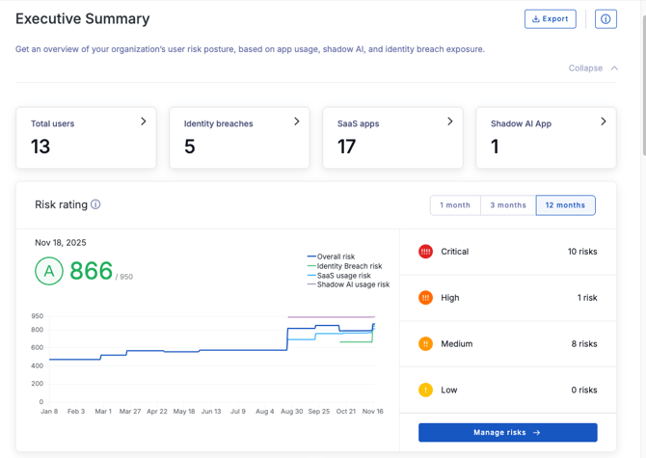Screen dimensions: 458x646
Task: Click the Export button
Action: [x=551, y=18]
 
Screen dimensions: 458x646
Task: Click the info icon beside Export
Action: [x=606, y=18]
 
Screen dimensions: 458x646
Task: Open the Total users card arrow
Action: [x=144, y=121]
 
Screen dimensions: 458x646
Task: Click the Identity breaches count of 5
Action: [x=190, y=147]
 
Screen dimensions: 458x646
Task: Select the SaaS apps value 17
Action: [x=347, y=147]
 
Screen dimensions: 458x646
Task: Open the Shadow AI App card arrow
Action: [x=604, y=121]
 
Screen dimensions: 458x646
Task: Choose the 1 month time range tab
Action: [x=455, y=205]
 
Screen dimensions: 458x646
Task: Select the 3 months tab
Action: [x=508, y=205]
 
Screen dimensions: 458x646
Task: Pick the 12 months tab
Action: [x=565, y=205]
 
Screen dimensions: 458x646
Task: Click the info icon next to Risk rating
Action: [x=95, y=204]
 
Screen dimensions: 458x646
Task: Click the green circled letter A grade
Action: [x=49, y=272]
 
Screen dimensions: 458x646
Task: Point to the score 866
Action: [x=91, y=272]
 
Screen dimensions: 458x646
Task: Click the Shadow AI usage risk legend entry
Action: [x=352, y=284]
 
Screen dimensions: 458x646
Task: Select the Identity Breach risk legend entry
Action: [x=348, y=266]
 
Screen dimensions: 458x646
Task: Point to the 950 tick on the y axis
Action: [x=37, y=316]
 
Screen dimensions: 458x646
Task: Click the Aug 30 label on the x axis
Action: [x=291, y=412]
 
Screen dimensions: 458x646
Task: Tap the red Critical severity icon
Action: [x=425, y=252]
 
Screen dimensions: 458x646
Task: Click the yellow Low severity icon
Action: [x=425, y=391]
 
